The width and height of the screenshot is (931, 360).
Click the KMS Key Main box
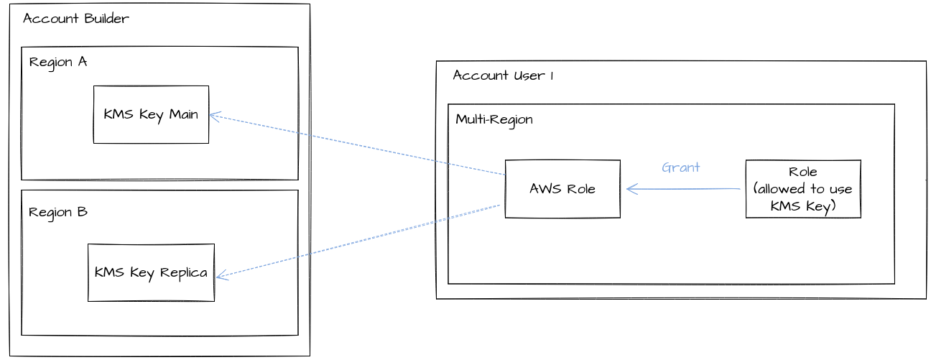[151, 115]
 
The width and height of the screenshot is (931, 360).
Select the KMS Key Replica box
[151, 272]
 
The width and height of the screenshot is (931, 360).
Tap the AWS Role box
[562, 189]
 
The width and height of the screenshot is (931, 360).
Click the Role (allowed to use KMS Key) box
[802, 189]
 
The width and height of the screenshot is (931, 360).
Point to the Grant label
[680, 167]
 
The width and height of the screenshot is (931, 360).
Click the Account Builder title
[76, 19]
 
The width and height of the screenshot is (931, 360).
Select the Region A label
[58, 62]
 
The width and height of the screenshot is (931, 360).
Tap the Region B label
[58, 213]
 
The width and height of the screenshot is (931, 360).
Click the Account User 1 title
[503, 75]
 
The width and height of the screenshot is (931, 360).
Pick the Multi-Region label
[494, 119]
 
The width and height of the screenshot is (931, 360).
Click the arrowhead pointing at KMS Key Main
[213, 116]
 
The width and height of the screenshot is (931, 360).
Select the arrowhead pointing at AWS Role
[631, 189]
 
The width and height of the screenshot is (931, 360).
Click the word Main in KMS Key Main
[183, 115]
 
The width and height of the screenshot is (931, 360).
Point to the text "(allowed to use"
[802, 190]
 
